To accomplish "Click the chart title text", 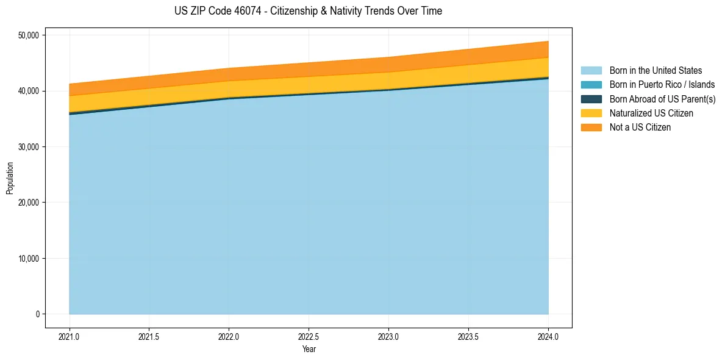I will [309, 11].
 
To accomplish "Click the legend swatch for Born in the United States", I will [591, 71].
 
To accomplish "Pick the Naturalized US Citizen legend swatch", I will [591, 113].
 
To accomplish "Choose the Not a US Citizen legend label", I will [640, 127].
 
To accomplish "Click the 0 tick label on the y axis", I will [37, 314].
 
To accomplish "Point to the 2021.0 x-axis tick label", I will [70, 336].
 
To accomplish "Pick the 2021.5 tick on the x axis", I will [149, 336].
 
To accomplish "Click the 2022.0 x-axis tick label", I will [229, 336].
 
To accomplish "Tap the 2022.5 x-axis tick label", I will [309, 336].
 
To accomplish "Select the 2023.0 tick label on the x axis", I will [388, 336].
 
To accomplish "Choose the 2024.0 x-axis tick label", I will [548, 336].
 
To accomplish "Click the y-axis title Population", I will [9, 178].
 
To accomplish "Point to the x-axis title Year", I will [309, 349].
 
